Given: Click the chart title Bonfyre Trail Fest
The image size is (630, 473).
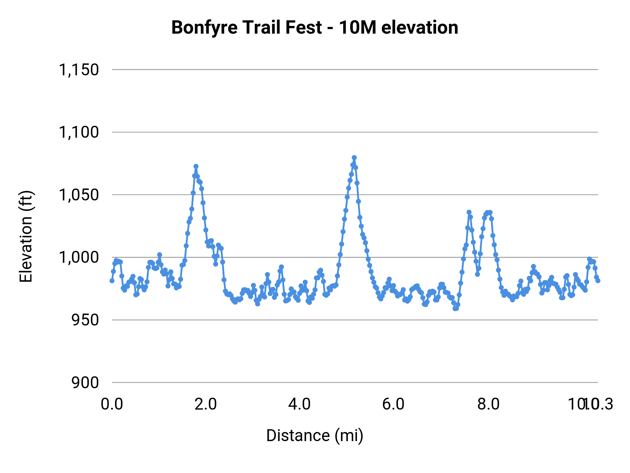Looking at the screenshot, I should click(x=246, y=28).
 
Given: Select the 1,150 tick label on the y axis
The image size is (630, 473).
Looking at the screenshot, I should click(x=79, y=70).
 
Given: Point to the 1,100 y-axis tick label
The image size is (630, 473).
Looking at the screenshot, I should click(x=79, y=132).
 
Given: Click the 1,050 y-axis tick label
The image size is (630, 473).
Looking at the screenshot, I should click(x=79, y=195).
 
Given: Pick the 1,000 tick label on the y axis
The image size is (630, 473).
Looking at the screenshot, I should click(x=79, y=258).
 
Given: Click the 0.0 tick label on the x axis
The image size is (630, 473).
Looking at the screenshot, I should click(x=112, y=404).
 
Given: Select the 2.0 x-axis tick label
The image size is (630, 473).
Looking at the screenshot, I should click(x=206, y=404).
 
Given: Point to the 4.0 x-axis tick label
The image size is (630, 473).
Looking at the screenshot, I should click(x=300, y=404).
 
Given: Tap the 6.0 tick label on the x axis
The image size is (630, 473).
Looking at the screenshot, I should click(x=393, y=404).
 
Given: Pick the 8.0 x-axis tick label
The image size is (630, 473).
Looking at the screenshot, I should click(x=489, y=404).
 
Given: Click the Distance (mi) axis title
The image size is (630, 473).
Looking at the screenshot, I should click(x=315, y=436).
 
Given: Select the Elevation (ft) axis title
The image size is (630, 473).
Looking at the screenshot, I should click(x=26, y=236).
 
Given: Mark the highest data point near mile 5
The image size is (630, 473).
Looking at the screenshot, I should click(x=354, y=158).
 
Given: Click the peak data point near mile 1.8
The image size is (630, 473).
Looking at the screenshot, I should click(x=196, y=166).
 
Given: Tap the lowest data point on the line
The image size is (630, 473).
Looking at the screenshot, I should click(x=455, y=309).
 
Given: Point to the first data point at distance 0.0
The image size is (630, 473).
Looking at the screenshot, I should click(x=112, y=281).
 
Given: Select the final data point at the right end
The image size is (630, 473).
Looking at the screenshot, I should click(x=598, y=281).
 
